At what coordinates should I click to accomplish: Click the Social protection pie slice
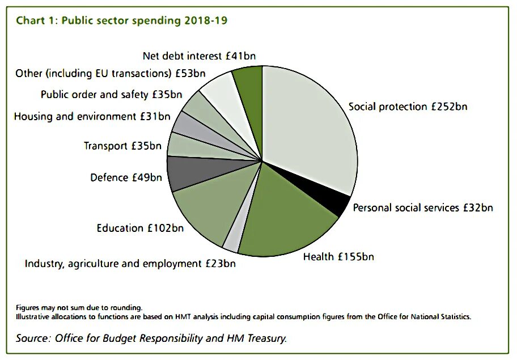309,125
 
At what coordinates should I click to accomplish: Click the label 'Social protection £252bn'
408,107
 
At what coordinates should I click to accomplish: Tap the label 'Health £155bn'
338,257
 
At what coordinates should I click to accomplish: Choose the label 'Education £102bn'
140,228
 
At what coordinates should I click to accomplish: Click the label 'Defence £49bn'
126,177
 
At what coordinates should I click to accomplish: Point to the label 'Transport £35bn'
122,146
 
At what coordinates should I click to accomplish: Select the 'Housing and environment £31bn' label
92,117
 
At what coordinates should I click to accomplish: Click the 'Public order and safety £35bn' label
111,94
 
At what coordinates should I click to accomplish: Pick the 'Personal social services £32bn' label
422,207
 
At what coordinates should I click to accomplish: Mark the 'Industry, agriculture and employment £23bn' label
130,264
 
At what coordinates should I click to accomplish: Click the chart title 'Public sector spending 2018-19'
144,21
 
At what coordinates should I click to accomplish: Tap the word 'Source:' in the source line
33,338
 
